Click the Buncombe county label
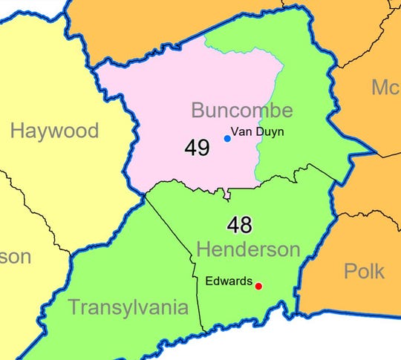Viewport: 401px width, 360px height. click(x=242, y=111)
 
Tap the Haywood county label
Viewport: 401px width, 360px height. click(x=54, y=131)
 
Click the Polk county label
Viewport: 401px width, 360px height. click(x=365, y=270)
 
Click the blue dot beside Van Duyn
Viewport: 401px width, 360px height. click(x=227, y=138)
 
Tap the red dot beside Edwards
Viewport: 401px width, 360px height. click(x=258, y=286)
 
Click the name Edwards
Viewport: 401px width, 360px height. click(x=229, y=282)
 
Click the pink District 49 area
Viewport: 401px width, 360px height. click(x=163, y=96)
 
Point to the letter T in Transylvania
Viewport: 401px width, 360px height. click(x=74, y=306)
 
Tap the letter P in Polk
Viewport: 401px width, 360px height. click(x=350, y=270)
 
